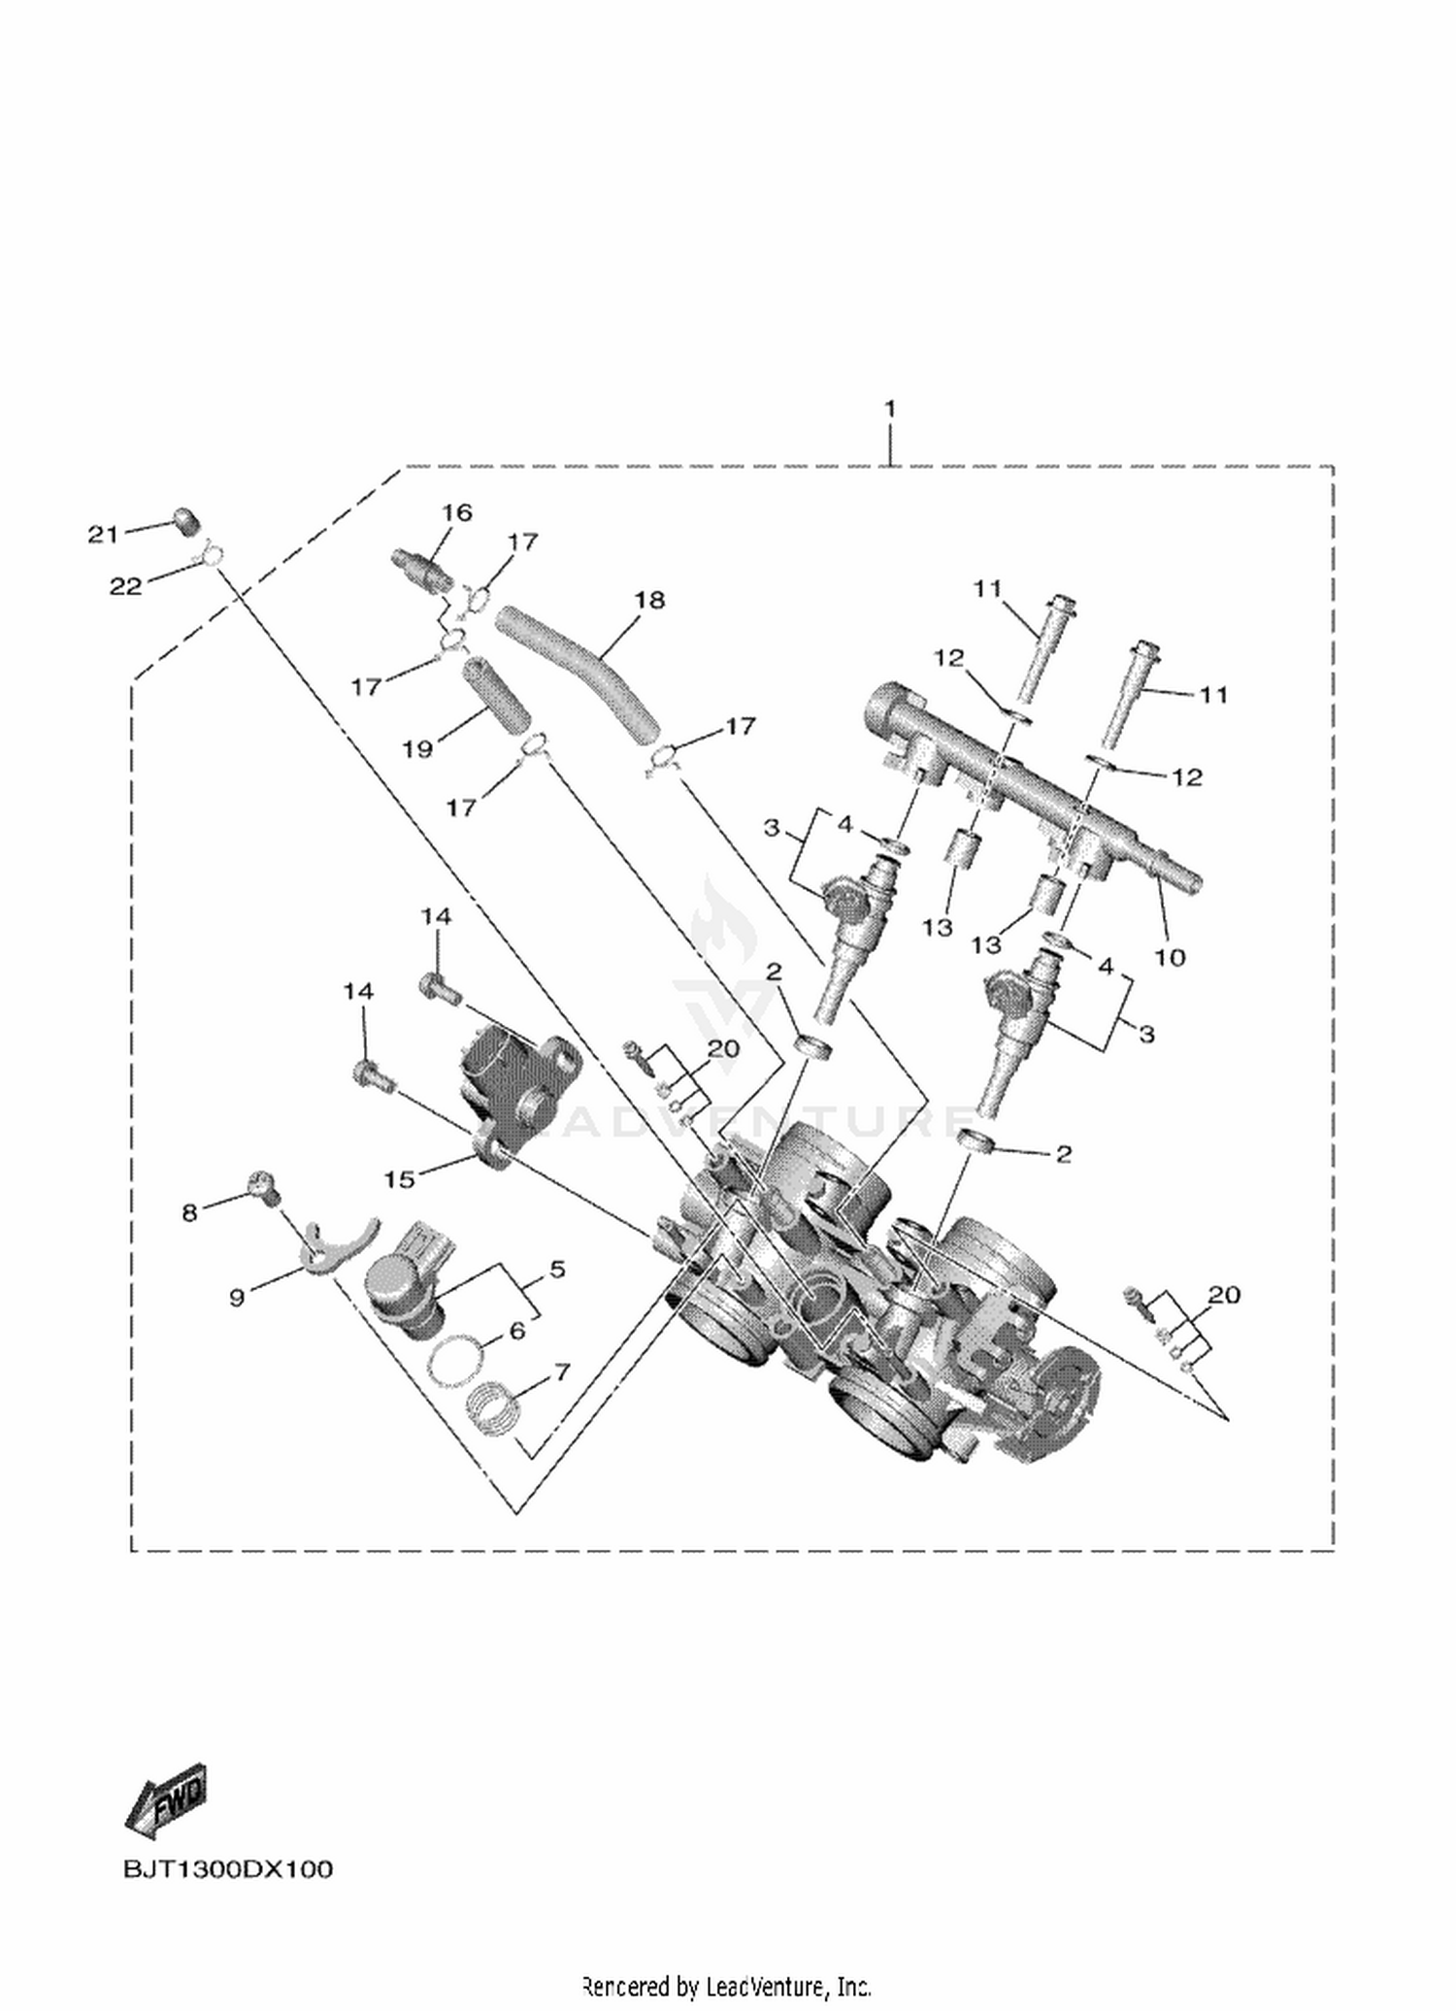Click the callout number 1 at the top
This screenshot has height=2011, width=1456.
(x=890, y=409)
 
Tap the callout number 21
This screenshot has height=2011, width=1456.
(x=103, y=534)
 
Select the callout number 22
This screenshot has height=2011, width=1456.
(x=126, y=585)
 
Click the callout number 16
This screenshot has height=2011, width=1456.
(x=456, y=511)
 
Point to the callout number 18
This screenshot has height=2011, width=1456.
(x=649, y=600)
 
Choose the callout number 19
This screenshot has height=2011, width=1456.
(x=418, y=749)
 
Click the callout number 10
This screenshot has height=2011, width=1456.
(x=1170, y=957)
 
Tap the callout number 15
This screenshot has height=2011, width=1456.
(x=400, y=1178)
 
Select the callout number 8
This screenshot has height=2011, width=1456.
(x=190, y=1212)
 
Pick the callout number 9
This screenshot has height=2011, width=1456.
(x=237, y=1297)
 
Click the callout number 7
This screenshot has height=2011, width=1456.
(x=561, y=1371)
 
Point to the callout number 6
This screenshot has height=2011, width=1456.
(x=517, y=1330)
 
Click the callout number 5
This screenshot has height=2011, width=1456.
(x=557, y=1269)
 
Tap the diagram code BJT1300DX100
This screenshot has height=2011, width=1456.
(x=228, y=1869)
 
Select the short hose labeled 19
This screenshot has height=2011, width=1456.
(x=496, y=695)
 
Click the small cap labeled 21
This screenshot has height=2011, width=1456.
(x=186, y=522)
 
